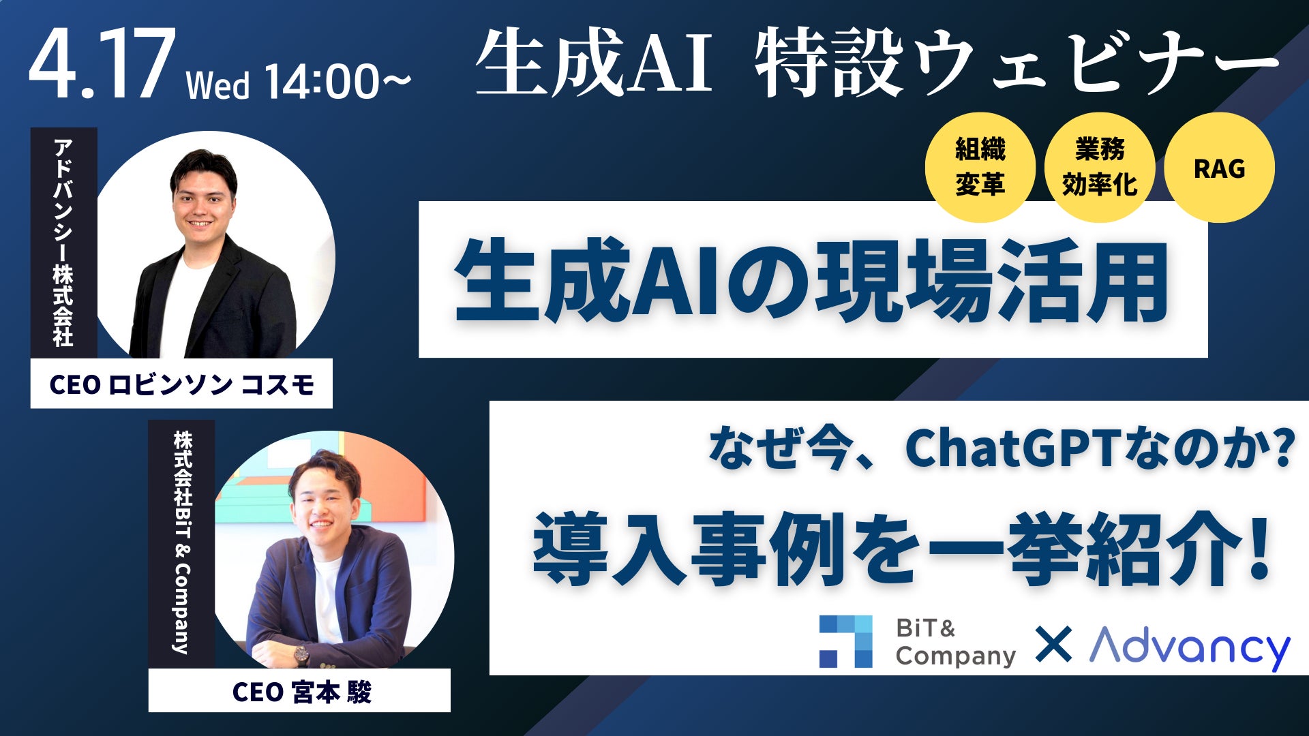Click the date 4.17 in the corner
100,65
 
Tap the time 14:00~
337,82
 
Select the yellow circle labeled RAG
1219,168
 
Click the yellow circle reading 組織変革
980,168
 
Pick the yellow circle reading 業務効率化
1100,168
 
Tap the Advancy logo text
1190,647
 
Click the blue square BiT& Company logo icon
845,641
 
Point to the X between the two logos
1053,645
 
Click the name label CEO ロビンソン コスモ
181,384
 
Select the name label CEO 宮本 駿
300,691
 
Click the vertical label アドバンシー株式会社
63,243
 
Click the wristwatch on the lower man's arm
301,654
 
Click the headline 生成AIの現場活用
811,280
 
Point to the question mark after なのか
1282,448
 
